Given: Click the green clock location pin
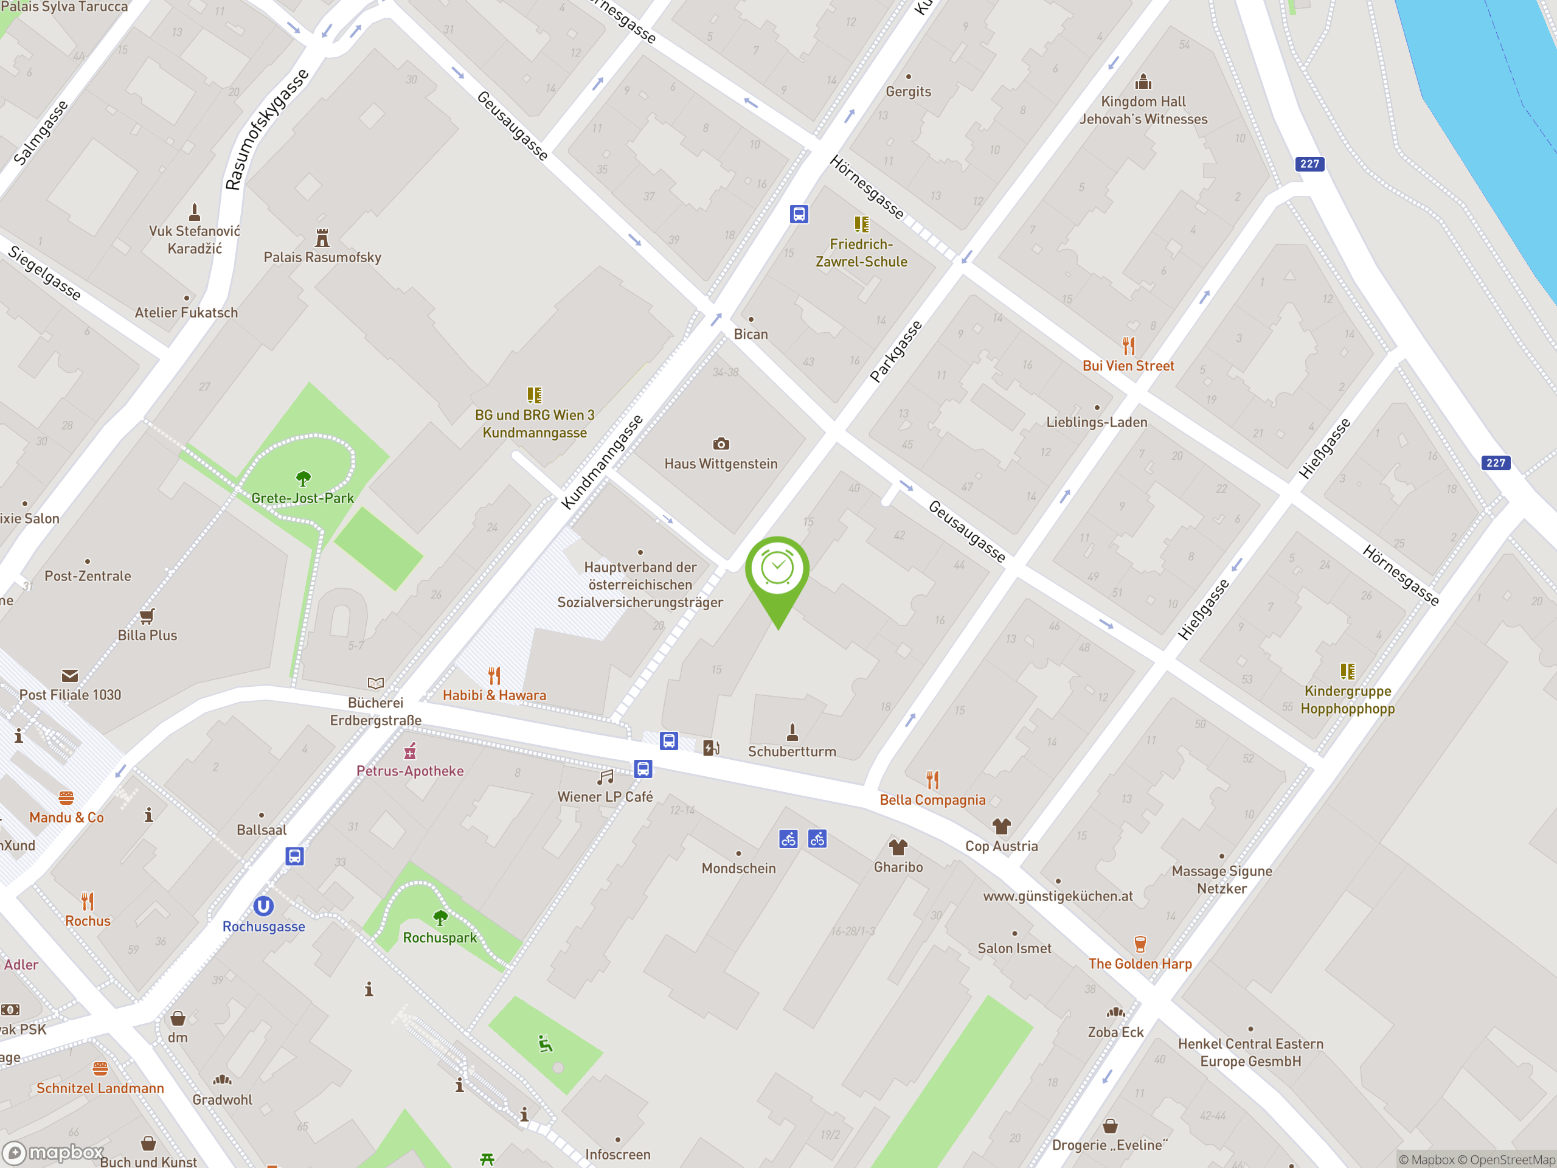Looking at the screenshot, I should (x=777, y=569).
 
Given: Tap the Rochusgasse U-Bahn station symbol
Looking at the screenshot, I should (x=263, y=905).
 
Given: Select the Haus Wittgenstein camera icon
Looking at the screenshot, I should (x=721, y=444).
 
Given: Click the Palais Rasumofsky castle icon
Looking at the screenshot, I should (x=322, y=238).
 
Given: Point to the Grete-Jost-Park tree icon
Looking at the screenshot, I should (x=303, y=479).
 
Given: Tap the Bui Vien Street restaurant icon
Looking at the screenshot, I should (x=1128, y=346).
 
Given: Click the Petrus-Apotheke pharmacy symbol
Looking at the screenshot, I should (x=411, y=751).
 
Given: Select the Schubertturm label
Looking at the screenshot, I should (x=792, y=751).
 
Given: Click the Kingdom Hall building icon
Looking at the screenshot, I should (x=1143, y=82).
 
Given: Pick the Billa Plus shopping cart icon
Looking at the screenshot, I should (x=147, y=617).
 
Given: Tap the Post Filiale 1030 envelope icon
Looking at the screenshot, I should (x=70, y=676).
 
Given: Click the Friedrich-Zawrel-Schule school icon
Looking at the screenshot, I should (x=862, y=224).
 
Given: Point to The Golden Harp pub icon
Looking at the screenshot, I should (x=1140, y=944).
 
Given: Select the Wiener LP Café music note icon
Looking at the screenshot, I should (x=605, y=777).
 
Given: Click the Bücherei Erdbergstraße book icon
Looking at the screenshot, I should (x=376, y=683).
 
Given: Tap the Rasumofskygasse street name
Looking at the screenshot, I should (x=267, y=130).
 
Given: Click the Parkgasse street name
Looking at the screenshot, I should (x=895, y=352).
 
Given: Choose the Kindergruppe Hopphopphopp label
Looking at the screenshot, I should (x=1347, y=700).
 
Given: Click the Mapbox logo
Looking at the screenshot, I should (x=54, y=1153).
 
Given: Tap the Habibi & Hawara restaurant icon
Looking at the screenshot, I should (x=494, y=676).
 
